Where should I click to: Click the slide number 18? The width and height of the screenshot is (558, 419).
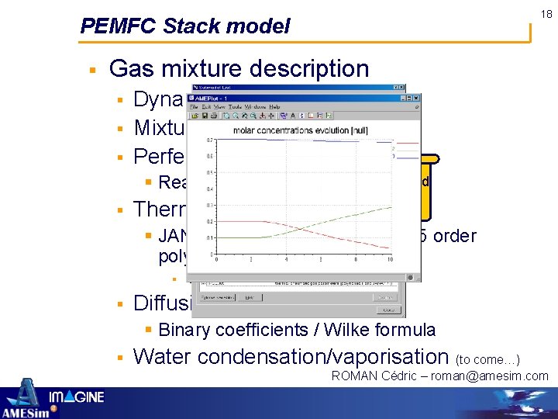[546, 14]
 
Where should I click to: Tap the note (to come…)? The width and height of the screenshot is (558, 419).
[488, 359]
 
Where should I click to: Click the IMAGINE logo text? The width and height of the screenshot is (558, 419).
[77, 397]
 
